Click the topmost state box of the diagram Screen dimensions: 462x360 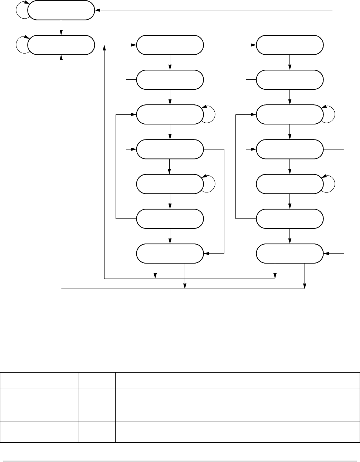(61, 10)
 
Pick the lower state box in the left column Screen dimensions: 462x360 (61, 45)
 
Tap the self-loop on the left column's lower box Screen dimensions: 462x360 (21, 45)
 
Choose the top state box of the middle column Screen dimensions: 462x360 (170, 45)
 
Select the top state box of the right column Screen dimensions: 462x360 (290, 45)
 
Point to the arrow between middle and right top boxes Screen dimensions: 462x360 (229, 45)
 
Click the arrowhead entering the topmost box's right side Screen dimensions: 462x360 (98, 10)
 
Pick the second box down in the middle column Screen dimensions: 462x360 (170, 80)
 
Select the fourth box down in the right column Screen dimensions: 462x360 (290, 149)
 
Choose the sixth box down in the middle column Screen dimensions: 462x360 (170, 218)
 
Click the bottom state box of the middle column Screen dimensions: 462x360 (170, 253)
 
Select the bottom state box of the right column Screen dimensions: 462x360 (290, 253)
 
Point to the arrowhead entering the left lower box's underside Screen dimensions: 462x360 (61, 57)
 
